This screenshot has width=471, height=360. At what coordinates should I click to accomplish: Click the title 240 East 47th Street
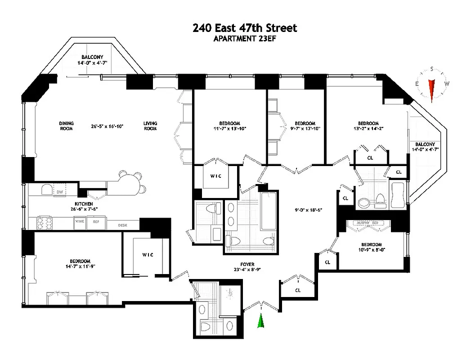pyautogui.click(x=245, y=28)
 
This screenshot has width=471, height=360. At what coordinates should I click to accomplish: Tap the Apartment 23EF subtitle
pyautogui.click(x=245, y=39)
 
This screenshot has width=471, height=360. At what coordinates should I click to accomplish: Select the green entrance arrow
pyautogui.click(x=260, y=321)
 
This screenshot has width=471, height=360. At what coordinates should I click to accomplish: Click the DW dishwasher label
pyautogui.click(x=59, y=192)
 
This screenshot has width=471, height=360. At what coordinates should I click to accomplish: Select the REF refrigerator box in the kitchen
pyautogui.click(x=96, y=222)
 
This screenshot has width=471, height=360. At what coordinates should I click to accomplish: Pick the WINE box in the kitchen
pyautogui.click(x=80, y=222)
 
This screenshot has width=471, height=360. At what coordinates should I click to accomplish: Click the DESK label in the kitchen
pyautogui.click(x=123, y=225)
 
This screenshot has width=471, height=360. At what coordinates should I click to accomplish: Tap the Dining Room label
pyautogui.click(x=66, y=126)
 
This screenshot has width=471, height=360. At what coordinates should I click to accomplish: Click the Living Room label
pyautogui.click(x=150, y=126)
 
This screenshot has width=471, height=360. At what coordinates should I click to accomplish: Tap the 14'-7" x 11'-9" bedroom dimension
pyautogui.click(x=80, y=266)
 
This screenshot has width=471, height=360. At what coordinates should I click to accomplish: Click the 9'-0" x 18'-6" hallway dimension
pyautogui.click(x=308, y=210)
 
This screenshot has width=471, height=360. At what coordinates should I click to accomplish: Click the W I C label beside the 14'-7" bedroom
pyautogui.click(x=148, y=255)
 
